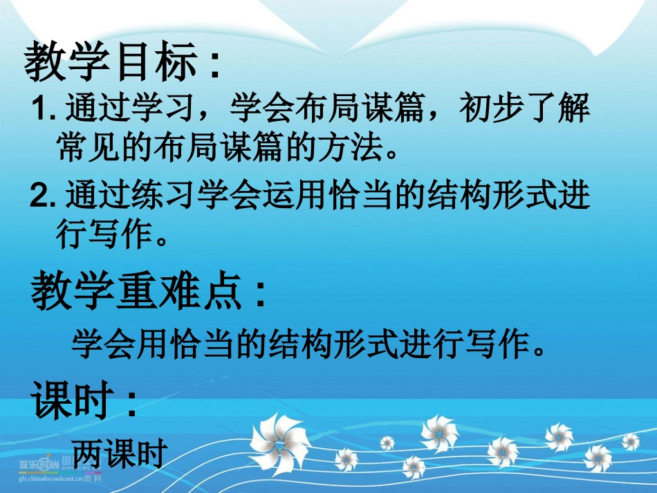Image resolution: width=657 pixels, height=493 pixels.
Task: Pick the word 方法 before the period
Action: (x=344, y=147)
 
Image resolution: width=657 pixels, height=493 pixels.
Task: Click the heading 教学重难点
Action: (x=138, y=292)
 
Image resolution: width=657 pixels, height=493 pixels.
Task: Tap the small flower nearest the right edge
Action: (x=630, y=441)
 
